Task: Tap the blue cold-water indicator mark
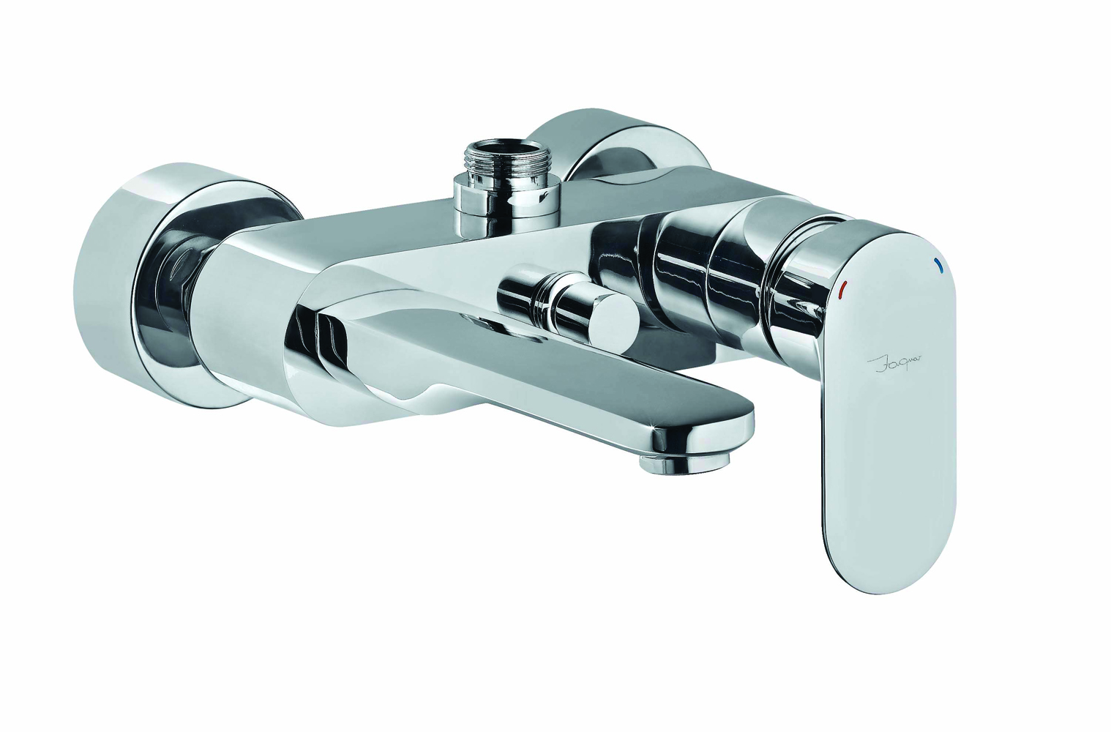click(x=936, y=265)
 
